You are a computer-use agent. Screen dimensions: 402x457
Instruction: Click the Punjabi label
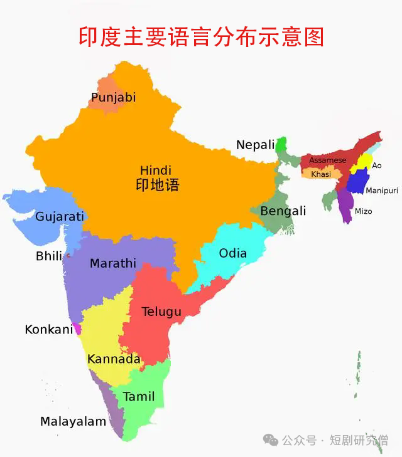(113, 98)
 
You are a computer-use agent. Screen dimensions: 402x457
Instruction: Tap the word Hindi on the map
(155, 171)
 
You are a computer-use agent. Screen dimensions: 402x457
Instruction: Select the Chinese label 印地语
(157, 185)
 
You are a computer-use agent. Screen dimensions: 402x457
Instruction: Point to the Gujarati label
(60, 217)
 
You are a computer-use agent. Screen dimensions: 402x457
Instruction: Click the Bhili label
(49, 256)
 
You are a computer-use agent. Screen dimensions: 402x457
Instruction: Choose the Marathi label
(112, 263)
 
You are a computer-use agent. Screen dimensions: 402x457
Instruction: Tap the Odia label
(232, 254)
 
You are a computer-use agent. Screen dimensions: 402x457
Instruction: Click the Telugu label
(161, 312)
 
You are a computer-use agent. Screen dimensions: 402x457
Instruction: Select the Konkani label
(49, 329)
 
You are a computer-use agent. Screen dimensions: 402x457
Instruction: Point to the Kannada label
(114, 359)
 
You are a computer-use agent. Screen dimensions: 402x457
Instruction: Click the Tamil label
(139, 397)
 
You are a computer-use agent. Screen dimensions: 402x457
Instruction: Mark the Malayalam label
(73, 421)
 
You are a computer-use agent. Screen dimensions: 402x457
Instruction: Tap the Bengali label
(283, 211)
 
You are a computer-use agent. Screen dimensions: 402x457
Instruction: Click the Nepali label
(256, 145)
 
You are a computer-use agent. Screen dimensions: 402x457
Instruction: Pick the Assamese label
(327, 160)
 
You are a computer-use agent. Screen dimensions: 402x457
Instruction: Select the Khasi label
(320, 174)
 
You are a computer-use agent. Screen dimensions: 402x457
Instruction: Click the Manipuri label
(381, 191)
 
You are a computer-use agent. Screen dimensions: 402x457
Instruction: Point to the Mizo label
(363, 211)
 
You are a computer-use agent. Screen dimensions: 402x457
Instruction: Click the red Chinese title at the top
(201, 36)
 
